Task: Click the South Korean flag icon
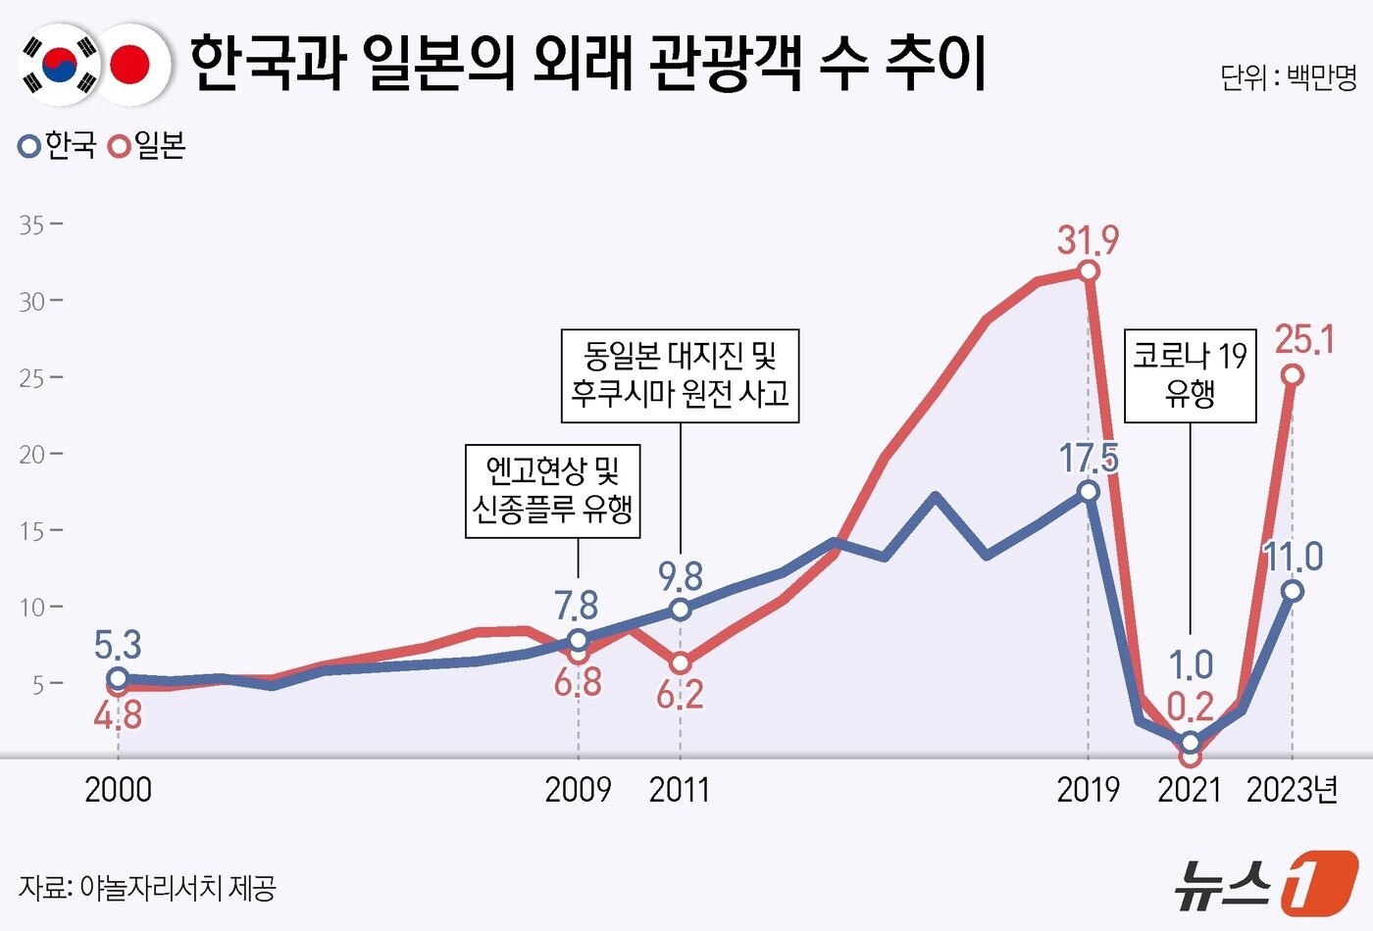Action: point(61,65)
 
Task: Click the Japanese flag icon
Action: point(130,65)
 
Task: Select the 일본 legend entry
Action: point(148,147)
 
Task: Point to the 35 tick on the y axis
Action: point(32,224)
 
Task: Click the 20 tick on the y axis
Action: point(32,454)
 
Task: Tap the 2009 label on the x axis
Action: point(578,790)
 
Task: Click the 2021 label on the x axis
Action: point(1190,790)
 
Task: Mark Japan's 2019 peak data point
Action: point(1088,271)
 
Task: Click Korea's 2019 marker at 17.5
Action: point(1088,491)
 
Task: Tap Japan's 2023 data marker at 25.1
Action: point(1293,375)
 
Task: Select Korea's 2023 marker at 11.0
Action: point(1293,591)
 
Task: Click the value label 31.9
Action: point(1088,240)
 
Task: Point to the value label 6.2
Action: point(680,695)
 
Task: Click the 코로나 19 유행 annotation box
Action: point(1190,375)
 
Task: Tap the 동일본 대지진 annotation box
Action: point(680,375)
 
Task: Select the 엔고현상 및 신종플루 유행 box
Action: point(552,490)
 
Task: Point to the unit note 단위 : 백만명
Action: point(1288,77)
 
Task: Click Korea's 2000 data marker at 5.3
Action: point(118,678)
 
